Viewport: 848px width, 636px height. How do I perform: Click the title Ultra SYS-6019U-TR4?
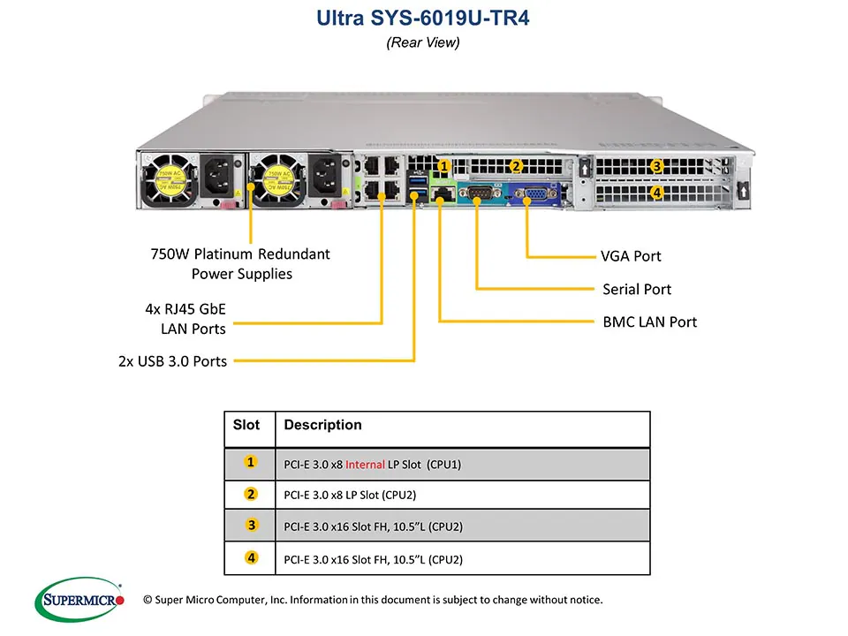tap(423, 19)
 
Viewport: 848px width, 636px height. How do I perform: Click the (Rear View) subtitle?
tap(423, 42)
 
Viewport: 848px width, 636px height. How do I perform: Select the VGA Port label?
tap(631, 256)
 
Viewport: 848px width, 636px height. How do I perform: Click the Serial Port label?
tap(636, 289)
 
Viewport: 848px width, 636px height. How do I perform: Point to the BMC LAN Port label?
tap(649, 322)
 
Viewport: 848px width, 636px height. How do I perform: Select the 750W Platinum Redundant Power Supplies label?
tap(241, 263)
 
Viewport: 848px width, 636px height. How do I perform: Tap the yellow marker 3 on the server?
tap(656, 166)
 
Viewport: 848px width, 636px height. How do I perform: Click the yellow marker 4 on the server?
tap(656, 192)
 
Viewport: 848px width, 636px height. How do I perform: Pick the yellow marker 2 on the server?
tap(516, 165)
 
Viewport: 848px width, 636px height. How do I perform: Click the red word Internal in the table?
tap(365, 464)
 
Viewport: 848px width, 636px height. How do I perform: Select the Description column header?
tap(323, 425)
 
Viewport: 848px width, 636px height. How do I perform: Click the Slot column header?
tap(246, 425)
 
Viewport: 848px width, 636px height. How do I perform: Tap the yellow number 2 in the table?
tap(252, 494)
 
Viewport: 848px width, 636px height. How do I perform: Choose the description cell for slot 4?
tap(374, 559)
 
